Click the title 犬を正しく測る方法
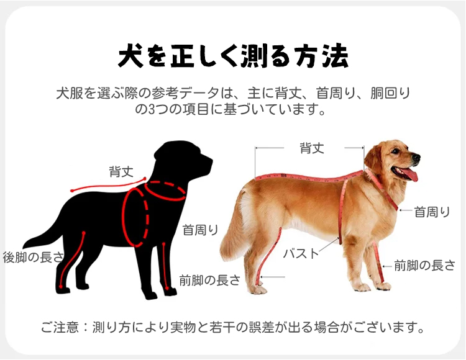point(233,55)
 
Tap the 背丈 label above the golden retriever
point(312,148)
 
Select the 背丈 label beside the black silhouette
point(121,171)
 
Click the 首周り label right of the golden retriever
point(432,212)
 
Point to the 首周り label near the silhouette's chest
point(200,230)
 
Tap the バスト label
point(301,254)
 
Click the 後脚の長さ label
point(34,257)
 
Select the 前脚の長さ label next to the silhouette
point(209,280)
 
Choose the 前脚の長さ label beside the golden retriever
point(425,265)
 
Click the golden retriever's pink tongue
point(409,174)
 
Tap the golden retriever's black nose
point(416,158)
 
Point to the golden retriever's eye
point(395,151)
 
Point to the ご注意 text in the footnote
point(60,327)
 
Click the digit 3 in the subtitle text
point(152,109)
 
